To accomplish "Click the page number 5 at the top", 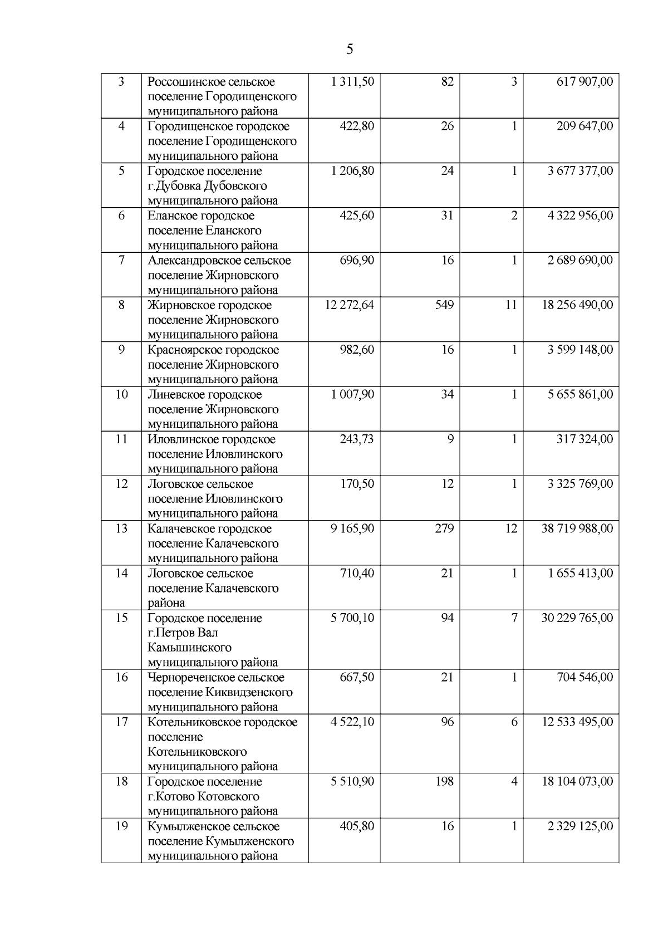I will pos(350,50).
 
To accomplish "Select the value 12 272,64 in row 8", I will pos(349,305).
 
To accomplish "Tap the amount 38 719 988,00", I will pos(577,528).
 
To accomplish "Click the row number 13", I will pos(121,528).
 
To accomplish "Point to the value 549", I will pos(444,305).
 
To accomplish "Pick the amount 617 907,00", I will pos(584,82).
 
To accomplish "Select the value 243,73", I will pos(357,439).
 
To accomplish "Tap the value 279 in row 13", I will pos(444,528).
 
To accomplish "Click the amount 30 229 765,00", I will pos(577,618).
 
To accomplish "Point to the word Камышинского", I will pos(189,648).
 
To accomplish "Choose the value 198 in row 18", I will pos(444,782).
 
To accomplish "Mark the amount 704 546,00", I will pos(584,678).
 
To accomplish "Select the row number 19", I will pos(121,826).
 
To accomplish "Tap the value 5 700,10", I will pos(352,618).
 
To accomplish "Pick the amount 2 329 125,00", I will pos(580,826).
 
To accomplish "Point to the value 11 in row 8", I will pos(510,305).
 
